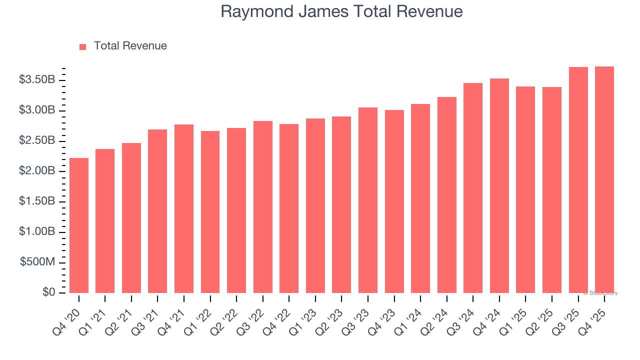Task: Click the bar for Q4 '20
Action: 79,225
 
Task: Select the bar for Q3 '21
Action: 157,211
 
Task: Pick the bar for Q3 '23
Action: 368,200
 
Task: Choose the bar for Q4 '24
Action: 499,185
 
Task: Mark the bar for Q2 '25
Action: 552,190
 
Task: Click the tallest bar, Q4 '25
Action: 604,179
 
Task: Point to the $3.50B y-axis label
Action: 37,80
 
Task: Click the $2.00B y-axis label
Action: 37,171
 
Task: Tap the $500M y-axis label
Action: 38,262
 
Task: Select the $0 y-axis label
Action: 48,292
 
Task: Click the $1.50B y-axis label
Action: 37,201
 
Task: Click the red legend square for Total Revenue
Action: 83,46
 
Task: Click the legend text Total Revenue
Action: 130,46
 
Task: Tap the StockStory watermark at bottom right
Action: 600,293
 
